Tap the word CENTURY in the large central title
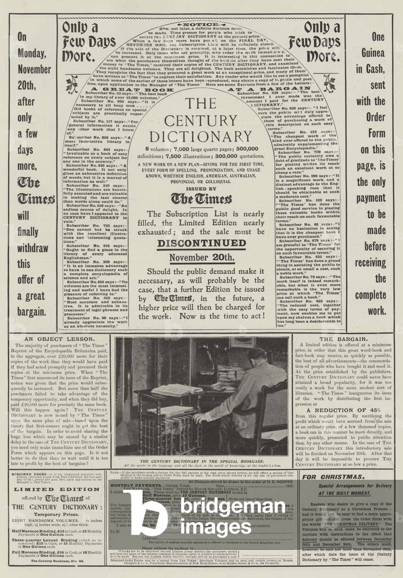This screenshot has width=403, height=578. pyautogui.click(x=201, y=121)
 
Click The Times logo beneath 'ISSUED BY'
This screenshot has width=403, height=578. pyautogui.click(x=201, y=199)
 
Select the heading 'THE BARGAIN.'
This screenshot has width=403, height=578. pyautogui.click(x=340, y=339)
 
